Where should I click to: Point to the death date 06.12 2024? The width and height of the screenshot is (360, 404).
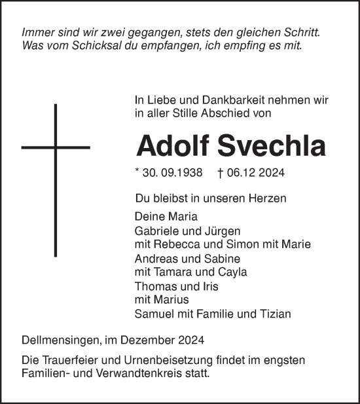255,173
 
